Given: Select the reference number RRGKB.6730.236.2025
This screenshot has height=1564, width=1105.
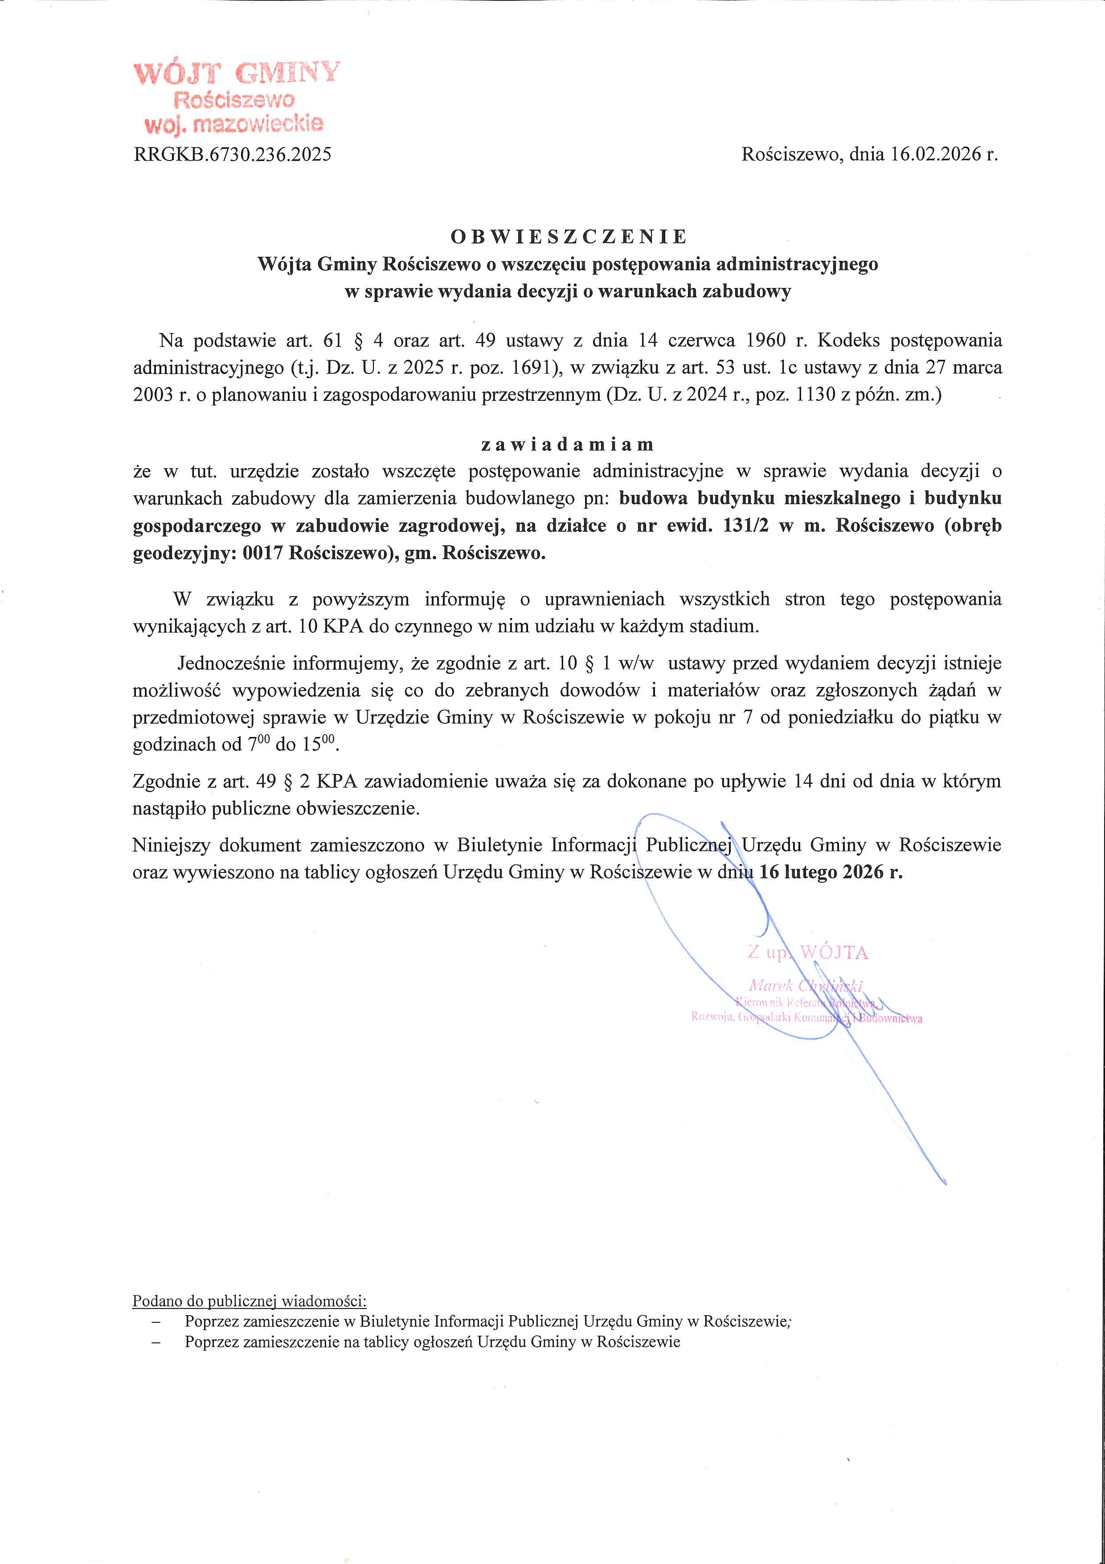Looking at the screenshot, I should pyautogui.click(x=233, y=155).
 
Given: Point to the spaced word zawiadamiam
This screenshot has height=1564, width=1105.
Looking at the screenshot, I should pyautogui.click(x=567, y=445).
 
